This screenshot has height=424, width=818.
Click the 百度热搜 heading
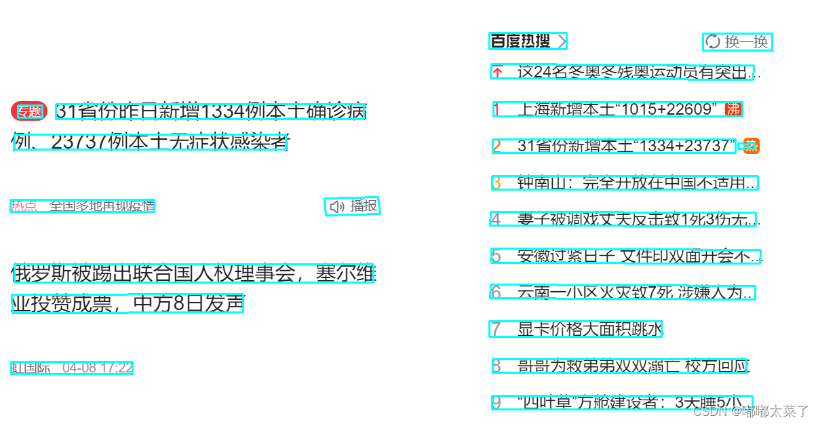tap(520, 41)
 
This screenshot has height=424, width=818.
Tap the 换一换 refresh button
tap(738, 42)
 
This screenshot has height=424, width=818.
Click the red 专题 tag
tap(29, 111)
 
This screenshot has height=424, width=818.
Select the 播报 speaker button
tap(353, 206)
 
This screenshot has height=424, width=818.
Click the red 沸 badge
tap(733, 109)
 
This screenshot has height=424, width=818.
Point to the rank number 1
tap(496, 109)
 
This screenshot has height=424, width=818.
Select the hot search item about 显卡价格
tap(589, 330)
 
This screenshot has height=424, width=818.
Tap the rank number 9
tap(496, 403)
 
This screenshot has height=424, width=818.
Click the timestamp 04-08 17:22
tap(98, 368)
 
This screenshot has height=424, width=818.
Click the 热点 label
tap(24, 206)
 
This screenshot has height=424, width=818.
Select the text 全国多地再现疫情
tap(102, 206)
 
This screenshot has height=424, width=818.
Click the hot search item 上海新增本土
tap(617, 109)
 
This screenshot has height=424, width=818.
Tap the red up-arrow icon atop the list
tap(497, 72)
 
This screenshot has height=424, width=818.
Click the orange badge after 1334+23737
tap(751, 145)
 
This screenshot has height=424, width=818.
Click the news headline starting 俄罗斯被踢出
tap(193, 273)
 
